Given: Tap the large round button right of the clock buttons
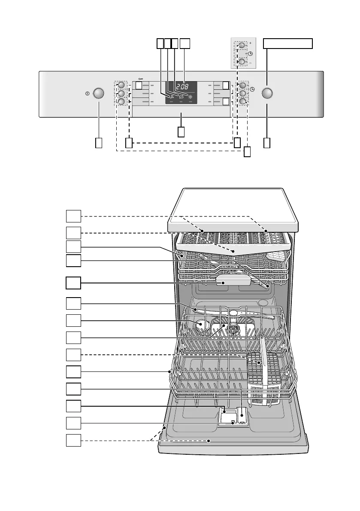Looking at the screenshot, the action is [267, 93].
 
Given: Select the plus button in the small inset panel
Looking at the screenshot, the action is [242, 45].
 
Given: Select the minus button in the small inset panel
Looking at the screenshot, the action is [242, 62].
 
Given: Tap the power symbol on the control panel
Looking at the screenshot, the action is [87, 93].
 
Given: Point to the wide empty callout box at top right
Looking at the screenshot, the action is [287, 43].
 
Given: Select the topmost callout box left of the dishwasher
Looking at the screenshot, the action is [73, 216].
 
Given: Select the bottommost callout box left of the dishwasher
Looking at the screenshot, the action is [73, 440].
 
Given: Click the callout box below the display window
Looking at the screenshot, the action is [181, 131].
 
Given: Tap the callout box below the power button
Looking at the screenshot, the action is [99, 143].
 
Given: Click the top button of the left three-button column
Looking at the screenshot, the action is [121, 85].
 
